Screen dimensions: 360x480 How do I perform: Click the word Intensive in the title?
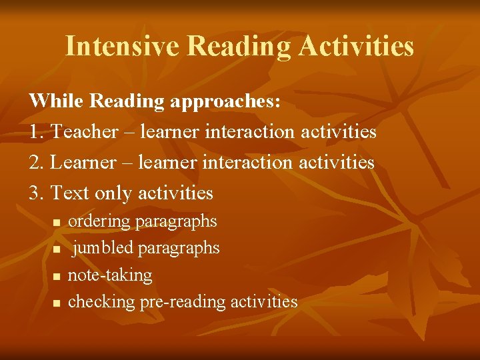(123, 46)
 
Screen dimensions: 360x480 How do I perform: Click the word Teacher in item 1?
(84, 131)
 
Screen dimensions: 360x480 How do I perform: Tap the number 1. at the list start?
(37, 131)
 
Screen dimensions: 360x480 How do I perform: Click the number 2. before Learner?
(37, 162)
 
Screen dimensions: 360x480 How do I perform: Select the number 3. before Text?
(37, 193)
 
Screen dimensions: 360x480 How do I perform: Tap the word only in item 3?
(113, 194)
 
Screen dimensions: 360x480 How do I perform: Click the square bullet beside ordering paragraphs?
(57, 222)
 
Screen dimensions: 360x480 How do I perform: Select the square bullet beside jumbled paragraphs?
(57, 249)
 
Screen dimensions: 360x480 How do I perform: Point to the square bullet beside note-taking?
(57, 276)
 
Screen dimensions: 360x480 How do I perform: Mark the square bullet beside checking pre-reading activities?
(57, 303)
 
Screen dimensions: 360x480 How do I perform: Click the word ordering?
(100, 221)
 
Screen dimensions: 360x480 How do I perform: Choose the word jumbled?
(103, 248)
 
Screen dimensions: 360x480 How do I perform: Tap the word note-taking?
(110, 275)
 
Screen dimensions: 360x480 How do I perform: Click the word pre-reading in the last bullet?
(182, 302)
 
